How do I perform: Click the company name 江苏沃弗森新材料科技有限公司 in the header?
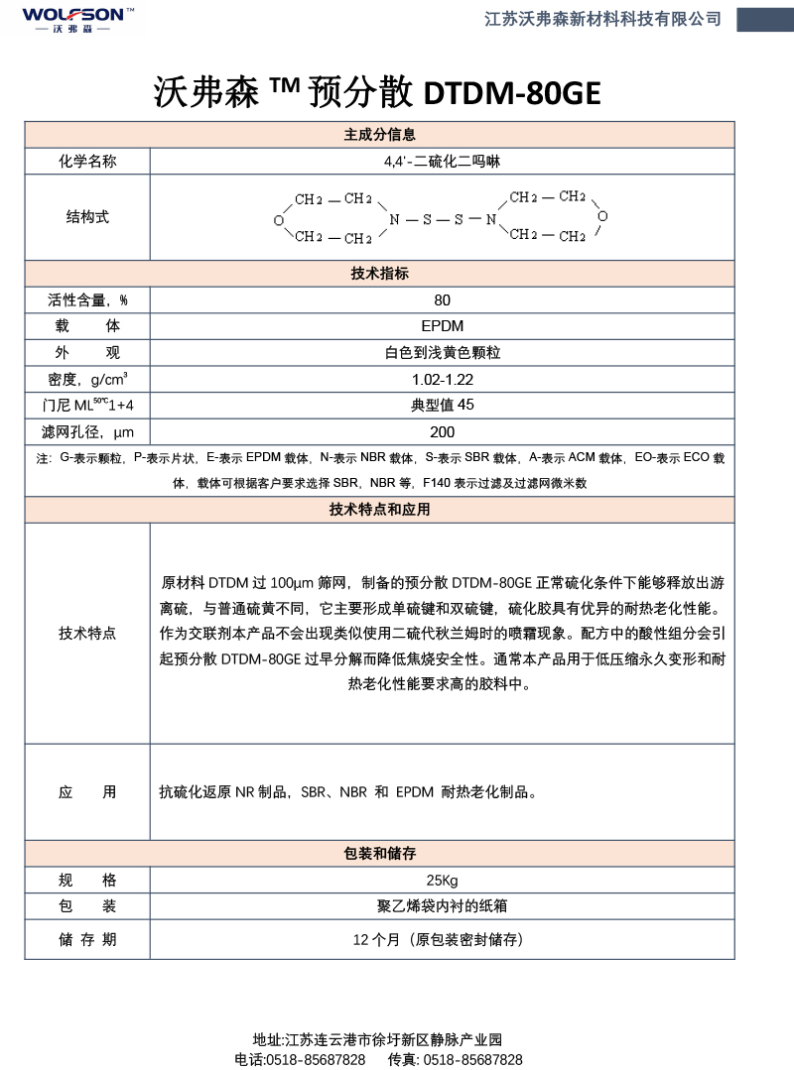coord(602,19)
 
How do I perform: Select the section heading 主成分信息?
coord(379,135)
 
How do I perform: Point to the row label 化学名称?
coord(87,161)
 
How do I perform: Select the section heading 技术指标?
coord(379,274)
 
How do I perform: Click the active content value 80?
coord(442,300)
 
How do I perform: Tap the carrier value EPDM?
coord(442,326)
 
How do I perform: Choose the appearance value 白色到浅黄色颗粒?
coord(442,352)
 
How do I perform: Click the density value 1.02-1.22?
coord(442,379)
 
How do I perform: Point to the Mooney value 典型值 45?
coord(442,405)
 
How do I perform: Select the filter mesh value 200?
coord(442,431)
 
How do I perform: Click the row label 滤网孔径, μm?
coord(87,431)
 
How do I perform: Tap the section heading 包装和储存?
coord(379,854)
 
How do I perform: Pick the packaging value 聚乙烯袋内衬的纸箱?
coord(442,906)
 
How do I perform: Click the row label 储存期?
coord(87,939)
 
